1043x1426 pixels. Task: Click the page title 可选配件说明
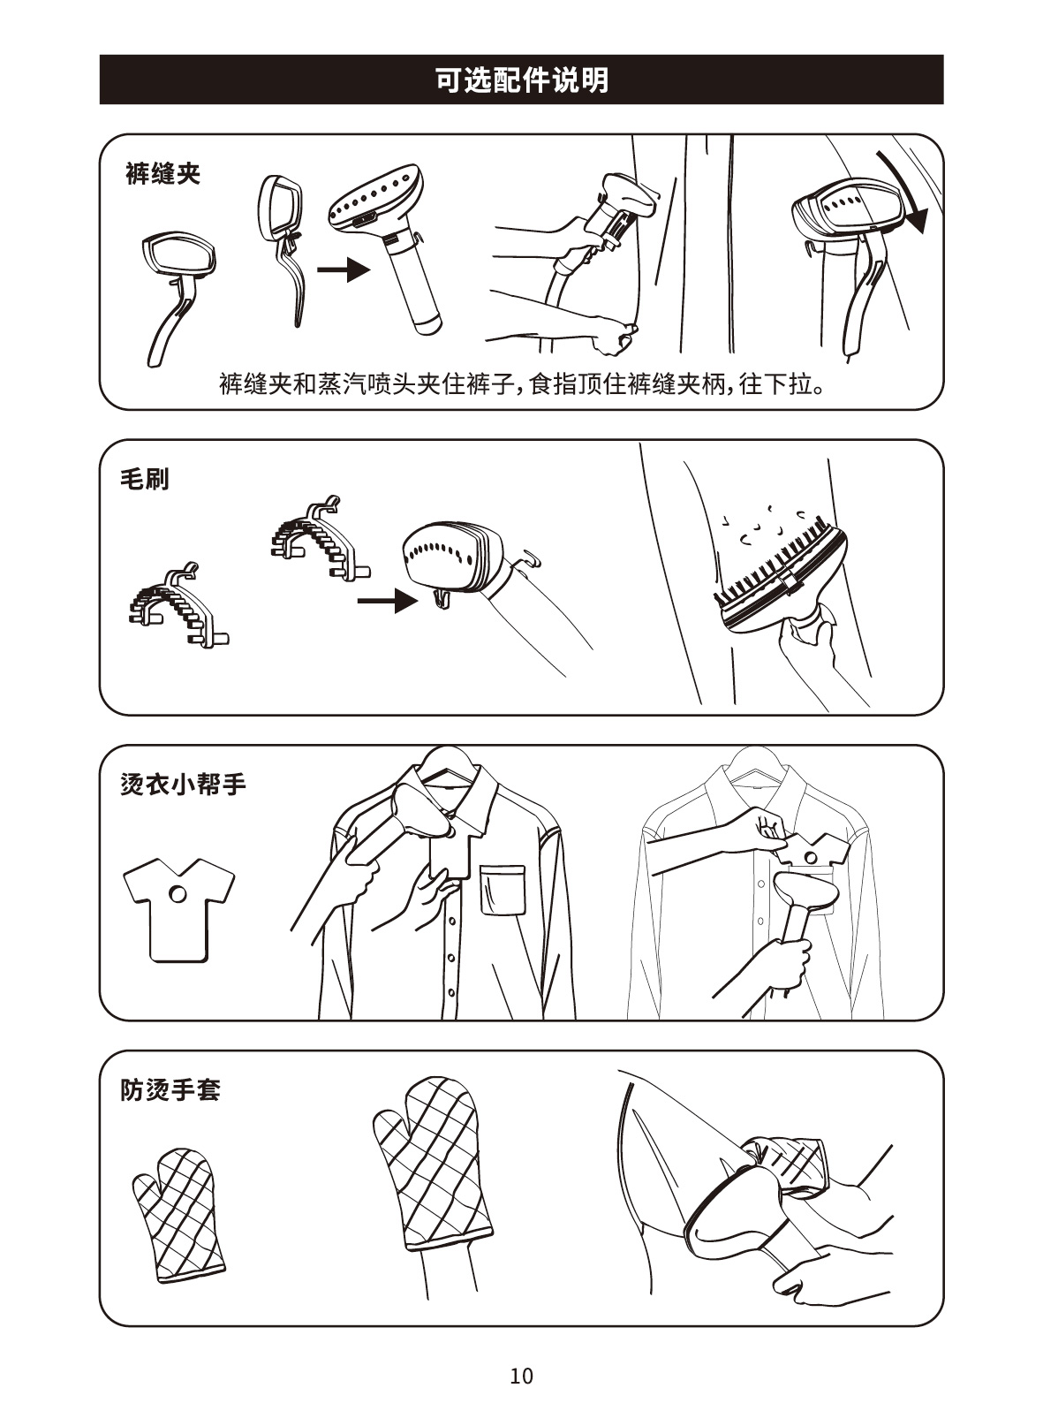point(521,80)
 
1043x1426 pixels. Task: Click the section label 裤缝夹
point(162,173)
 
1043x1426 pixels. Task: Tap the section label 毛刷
point(145,479)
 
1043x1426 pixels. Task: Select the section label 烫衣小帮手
point(183,785)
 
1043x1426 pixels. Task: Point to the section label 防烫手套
point(170,1090)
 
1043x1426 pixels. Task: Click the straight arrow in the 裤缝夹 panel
point(343,270)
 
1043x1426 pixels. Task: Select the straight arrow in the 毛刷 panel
point(387,600)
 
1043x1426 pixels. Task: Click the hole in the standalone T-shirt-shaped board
point(178,894)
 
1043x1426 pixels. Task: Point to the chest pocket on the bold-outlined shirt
point(503,890)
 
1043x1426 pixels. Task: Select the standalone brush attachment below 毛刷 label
point(178,605)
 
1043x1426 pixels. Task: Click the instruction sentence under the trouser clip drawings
point(522,384)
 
